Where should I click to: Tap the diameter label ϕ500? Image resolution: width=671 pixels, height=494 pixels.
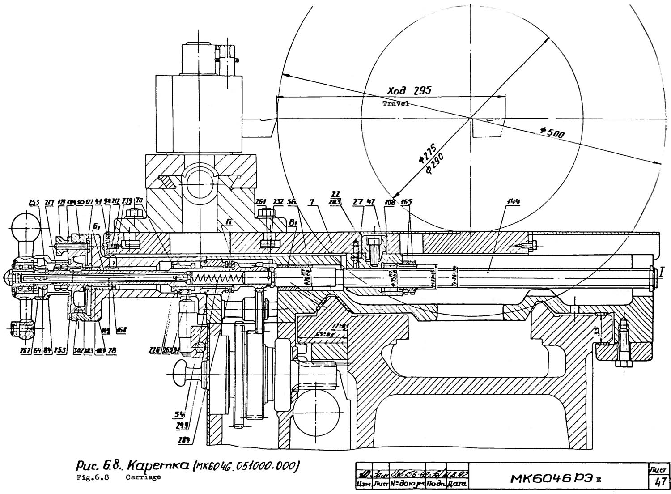[552, 133]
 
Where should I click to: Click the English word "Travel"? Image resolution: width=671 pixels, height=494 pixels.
[395, 103]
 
